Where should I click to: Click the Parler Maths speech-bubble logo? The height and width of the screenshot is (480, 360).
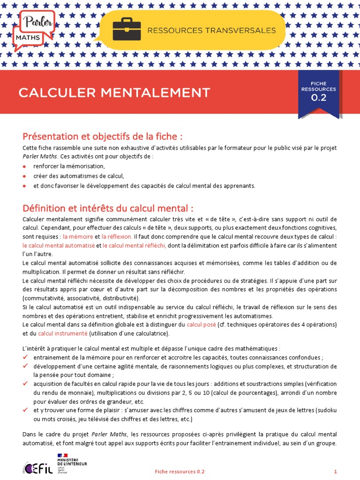pyautogui.click(x=34, y=29)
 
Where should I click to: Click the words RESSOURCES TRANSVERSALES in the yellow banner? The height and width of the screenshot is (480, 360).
pyautogui.click(x=212, y=30)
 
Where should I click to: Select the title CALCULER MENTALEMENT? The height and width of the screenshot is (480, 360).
pyautogui.click(x=114, y=92)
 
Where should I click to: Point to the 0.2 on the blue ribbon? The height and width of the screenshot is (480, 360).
pyautogui.click(x=319, y=98)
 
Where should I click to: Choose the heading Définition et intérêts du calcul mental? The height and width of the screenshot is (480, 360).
pyautogui.click(x=108, y=208)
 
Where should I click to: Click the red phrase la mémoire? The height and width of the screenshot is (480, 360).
pyautogui.click(x=78, y=237)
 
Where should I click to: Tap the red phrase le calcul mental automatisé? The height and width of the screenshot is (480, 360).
pyautogui.click(x=59, y=246)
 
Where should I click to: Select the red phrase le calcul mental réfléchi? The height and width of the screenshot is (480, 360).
pyautogui.click(x=135, y=246)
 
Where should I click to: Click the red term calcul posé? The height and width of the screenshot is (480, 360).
pyautogui.click(x=201, y=324)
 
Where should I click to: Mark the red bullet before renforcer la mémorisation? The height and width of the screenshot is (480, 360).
pyautogui.click(x=25, y=166)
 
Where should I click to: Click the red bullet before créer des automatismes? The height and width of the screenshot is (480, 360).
pyautogui.click(x=25, y=176)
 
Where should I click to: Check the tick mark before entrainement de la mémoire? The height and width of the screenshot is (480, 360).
pyautogui.click(x=25, y=357)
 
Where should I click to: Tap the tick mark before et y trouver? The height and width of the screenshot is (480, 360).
pyautogui.click(x=25, y=410)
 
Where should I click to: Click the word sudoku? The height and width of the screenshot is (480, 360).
pyautogui.click(x=327, y=410)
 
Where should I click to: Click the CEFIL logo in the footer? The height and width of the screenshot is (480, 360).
pyautogui.click(x=34, y=468)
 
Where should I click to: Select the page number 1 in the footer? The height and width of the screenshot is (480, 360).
pyautogui.click(x=335, y=471)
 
